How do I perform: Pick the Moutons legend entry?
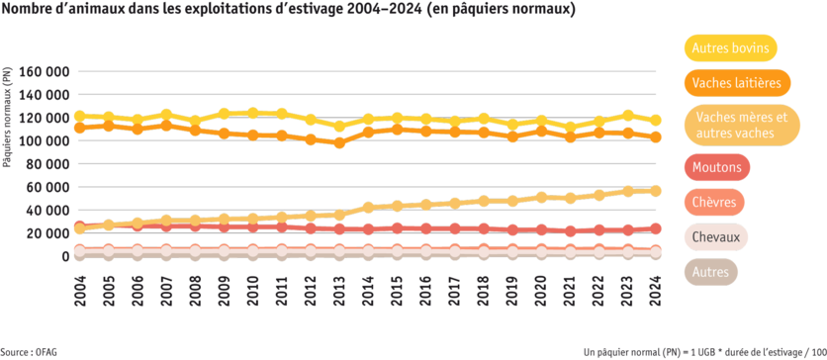(x=718, y=168)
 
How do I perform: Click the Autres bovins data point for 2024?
(x=656, y=120)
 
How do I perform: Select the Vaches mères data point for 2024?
(x=656, y=190)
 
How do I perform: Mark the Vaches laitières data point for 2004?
(x=79, y=128)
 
